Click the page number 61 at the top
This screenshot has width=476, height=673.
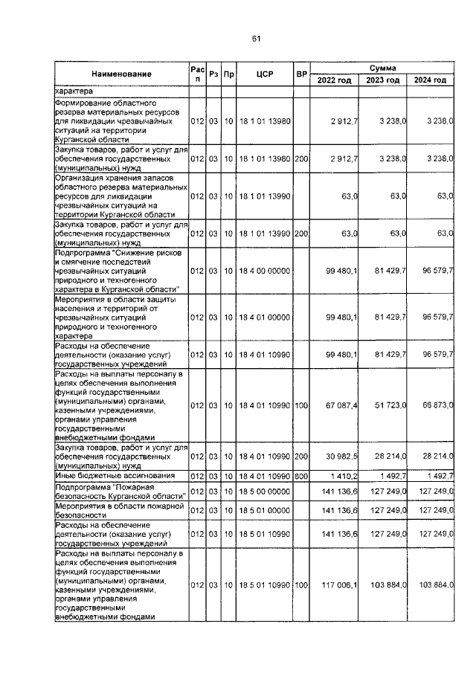pos(255,39)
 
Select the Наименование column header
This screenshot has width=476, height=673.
pos(122,74)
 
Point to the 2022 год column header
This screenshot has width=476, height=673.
pos(335,80)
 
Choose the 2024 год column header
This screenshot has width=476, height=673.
pos(431,80)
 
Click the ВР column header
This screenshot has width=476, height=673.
pos(302,74)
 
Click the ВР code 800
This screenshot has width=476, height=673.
pos(301,474)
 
